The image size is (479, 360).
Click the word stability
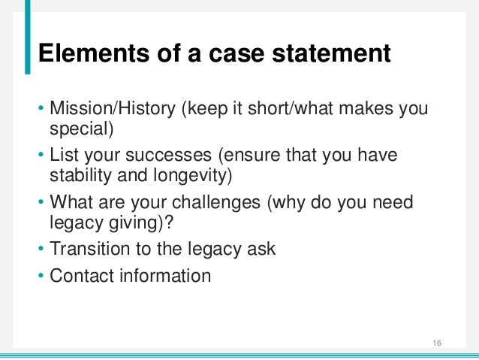pyautogui.click(x=77, y=176)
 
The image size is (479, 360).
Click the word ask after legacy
pyautogui.click(x=261, y=249)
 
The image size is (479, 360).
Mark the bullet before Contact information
pyautogui.click(x=42, y=276)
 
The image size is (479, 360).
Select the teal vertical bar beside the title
pyautogui.click(x=29, y=38)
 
